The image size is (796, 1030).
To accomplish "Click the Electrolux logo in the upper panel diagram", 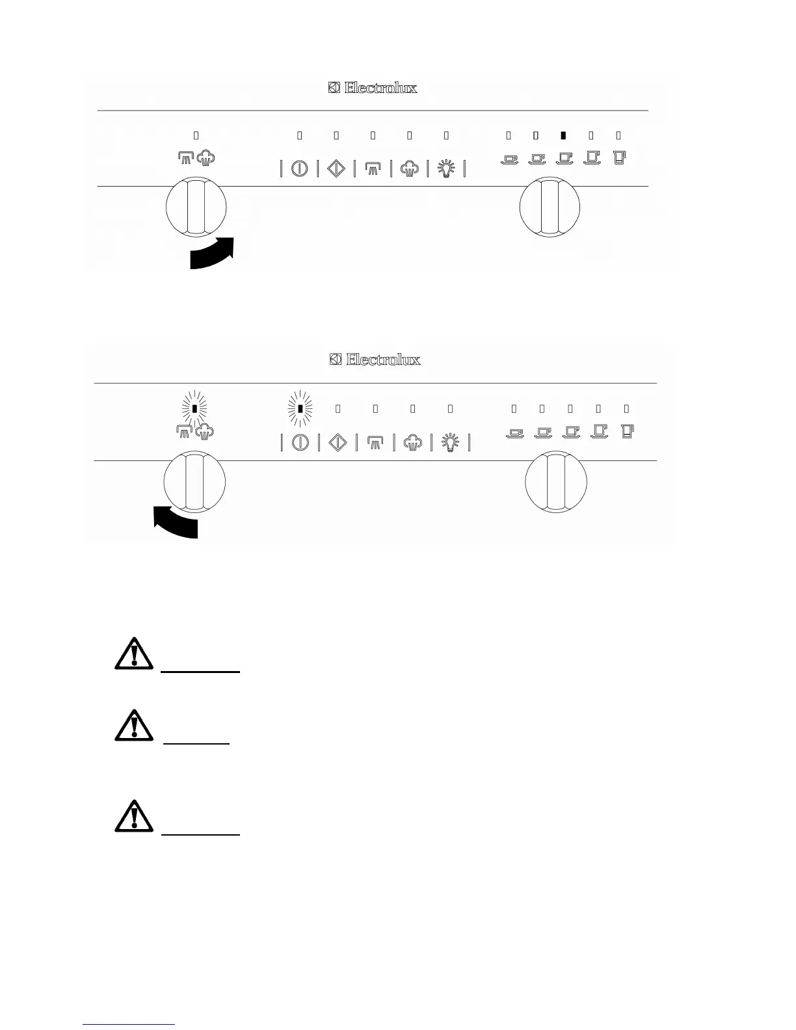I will point(373,88).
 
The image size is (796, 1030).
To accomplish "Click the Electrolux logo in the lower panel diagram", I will point(375,360).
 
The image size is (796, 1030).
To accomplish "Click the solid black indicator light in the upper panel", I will point(563,135).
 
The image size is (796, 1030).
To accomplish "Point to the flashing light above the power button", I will point(300,408).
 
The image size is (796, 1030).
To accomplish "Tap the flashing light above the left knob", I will point(194,408).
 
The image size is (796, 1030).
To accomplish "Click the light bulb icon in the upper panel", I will point(446,169).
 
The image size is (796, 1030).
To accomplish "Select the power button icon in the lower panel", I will point(300,442).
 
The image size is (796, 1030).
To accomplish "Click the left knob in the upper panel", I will point(196,209).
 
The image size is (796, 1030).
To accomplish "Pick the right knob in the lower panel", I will point(556,483).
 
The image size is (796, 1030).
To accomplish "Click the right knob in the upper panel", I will point(550,209).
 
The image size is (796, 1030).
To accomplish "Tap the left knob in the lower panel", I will point(194,483).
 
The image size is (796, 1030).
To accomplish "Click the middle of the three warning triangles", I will point(133,726).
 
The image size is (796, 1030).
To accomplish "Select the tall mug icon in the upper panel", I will point(619,157).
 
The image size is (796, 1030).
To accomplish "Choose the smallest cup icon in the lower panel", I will point(515,433).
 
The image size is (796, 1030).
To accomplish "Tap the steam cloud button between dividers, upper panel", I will point(410,169).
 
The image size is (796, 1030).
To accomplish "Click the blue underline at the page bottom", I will point(129,1024).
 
